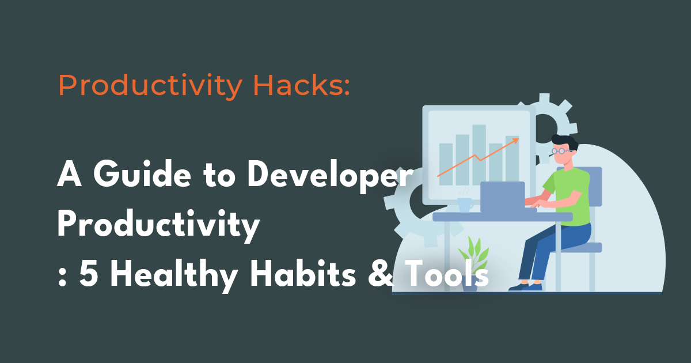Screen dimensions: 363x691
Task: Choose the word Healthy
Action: [173, 275]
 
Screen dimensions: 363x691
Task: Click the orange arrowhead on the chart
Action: [515, 139]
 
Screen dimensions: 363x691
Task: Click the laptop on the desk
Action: [503, 196]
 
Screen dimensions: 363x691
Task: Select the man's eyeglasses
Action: [560, 152]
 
